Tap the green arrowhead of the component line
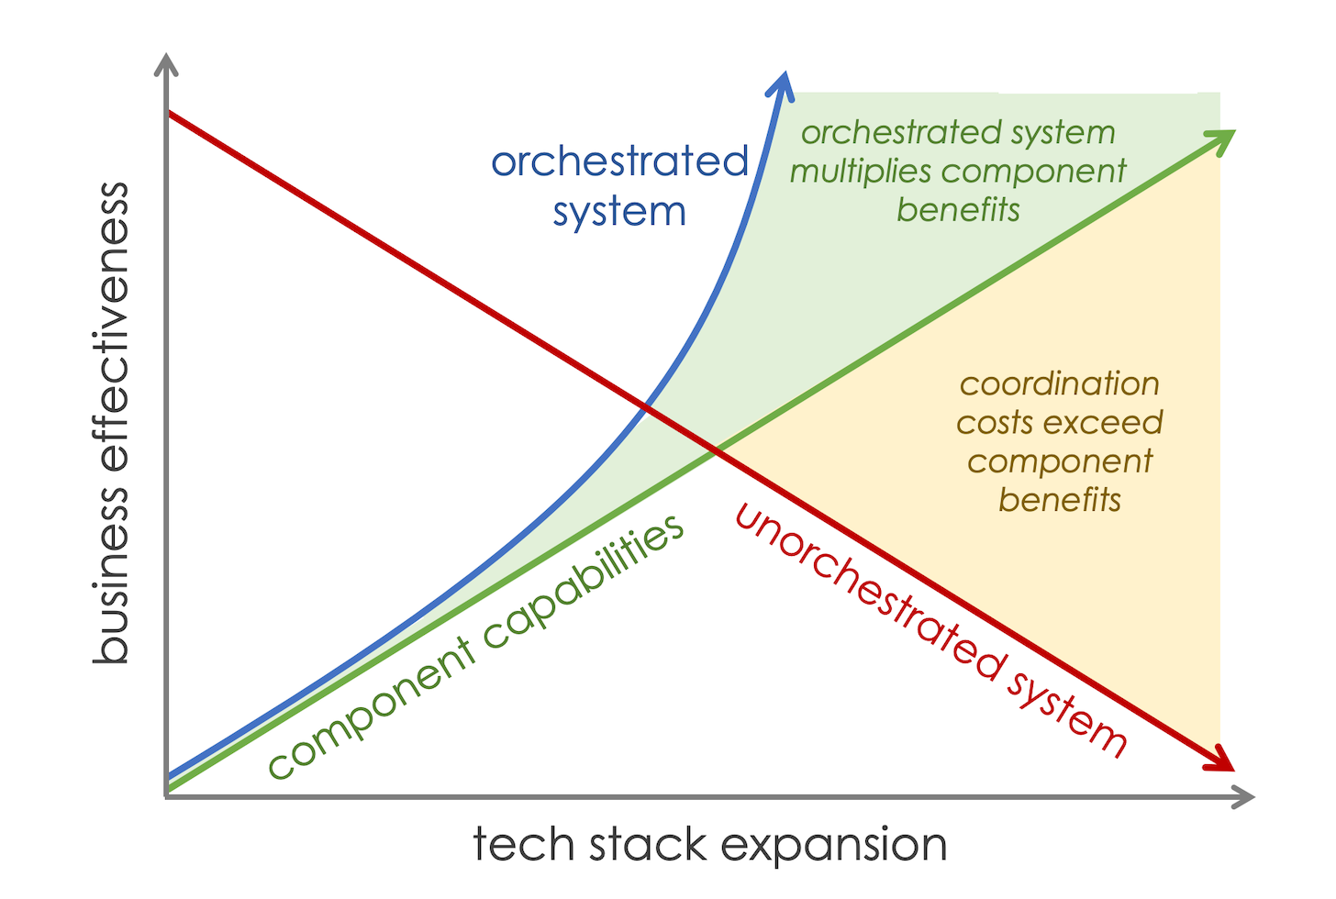click(x=1223, y=140)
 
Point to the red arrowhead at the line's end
click(x=1222, y=761)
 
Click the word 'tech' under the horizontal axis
click(x=515, y=844)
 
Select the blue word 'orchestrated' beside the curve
click(x=620, y=162)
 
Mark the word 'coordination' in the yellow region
click(x=1059, y=383)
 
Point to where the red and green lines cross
click(x=715, y=449)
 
